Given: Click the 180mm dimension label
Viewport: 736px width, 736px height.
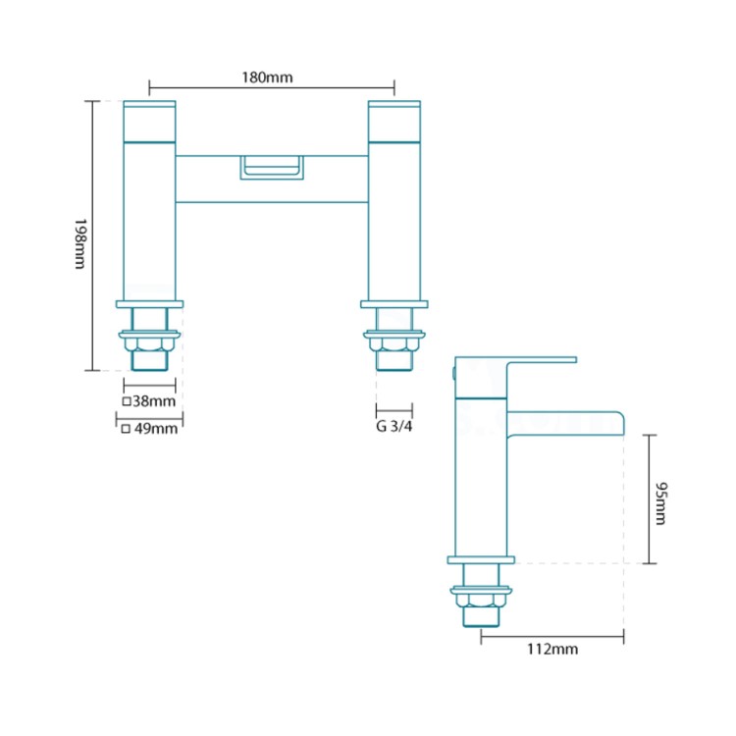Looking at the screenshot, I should click(272, 78).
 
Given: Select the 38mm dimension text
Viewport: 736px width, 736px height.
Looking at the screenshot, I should click(155, 401).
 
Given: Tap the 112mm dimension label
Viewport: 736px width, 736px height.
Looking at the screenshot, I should click(552, 650).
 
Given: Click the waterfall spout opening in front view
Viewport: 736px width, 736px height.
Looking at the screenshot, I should click(272, 168).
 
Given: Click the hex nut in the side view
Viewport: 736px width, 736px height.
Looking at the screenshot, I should click(481, 599).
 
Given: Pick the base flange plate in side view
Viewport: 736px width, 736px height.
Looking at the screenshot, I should click(481, 559).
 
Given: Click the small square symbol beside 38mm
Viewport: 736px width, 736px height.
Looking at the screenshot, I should click(127, 402).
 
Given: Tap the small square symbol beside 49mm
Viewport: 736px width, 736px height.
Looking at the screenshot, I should click(127, 429).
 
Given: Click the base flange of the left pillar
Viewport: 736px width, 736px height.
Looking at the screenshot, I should click(149, 304).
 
